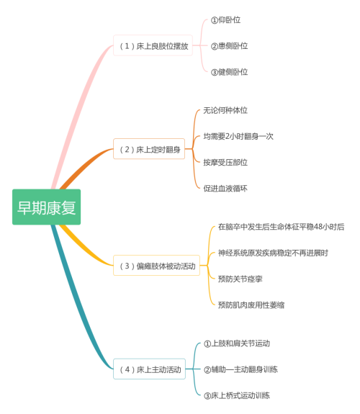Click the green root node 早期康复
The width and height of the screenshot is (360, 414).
point(46,207)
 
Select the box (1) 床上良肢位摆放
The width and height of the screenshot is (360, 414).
point(153,45)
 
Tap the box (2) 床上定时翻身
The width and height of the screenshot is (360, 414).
point(149,149)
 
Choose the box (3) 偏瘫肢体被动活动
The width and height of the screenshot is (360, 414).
point(157,266)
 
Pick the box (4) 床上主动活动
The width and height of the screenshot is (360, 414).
point(150,369)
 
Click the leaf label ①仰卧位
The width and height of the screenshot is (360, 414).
point(225,20)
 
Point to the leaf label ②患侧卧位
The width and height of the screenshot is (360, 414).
point(229,45)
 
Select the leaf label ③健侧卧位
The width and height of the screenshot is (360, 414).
point(229,72)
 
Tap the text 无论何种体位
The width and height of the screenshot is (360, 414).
point(225,110)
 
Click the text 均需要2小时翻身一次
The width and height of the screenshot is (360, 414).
point(238,136)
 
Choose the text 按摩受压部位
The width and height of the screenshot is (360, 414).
point(225,162)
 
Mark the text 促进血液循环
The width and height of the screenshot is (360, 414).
point(225,188)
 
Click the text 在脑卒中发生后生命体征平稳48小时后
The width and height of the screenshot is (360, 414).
point(282,227)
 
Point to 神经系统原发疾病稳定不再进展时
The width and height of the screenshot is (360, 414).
point(273,253)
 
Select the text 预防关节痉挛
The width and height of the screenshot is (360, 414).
point(240,279)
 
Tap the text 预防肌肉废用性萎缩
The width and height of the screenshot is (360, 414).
point(251,305)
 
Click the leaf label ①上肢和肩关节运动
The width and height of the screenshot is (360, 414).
point(237,343)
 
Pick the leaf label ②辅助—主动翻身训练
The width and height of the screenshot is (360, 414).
point(240,369)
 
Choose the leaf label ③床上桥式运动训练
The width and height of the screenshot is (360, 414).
point(237,395)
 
